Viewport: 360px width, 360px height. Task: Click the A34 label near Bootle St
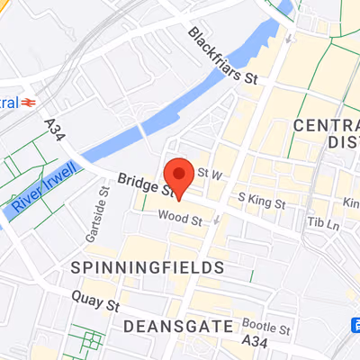(256, 344)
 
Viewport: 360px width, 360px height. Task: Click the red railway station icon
(30, 102)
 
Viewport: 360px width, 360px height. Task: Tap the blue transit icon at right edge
(355, 324)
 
